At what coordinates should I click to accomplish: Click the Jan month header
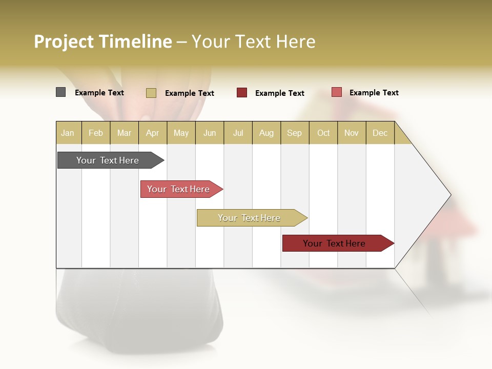coord(68,133)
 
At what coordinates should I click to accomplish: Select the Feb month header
coord(96,133)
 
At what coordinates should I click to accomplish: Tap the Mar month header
coord(124,133)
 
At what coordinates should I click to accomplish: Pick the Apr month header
coord(153,133)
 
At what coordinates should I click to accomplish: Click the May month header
coord(181,133)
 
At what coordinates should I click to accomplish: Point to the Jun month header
coord(210,133)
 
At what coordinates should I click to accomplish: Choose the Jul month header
coord(238,133)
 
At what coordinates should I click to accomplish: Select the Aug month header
coord(266,133)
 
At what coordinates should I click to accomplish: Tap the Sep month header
coord(295,133)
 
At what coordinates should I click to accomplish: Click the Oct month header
coord(323,133)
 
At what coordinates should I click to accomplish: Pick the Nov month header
coord(352,133)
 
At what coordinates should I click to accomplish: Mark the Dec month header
coord(380,133)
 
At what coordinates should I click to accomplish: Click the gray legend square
coord(61,92)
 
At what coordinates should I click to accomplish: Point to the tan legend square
coord(151,93)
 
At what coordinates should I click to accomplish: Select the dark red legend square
coord(242,93)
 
